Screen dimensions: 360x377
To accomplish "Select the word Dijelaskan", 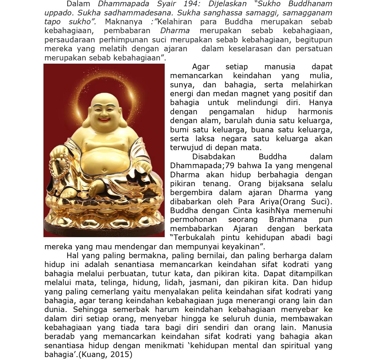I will pyautogui.click(x=227, y=4).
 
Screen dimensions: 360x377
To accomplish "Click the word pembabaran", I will pyautogui.click(x=127, y=31).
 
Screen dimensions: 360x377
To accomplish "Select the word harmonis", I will pyautogui.click(x=315, y=112).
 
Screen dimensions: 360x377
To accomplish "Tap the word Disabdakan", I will pyautogui.click(x=213, y=157).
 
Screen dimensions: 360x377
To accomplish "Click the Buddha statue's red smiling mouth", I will pyautogui.click(x=104, y=120).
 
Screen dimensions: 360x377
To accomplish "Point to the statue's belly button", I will pyautogui.click(x=104, y=170).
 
